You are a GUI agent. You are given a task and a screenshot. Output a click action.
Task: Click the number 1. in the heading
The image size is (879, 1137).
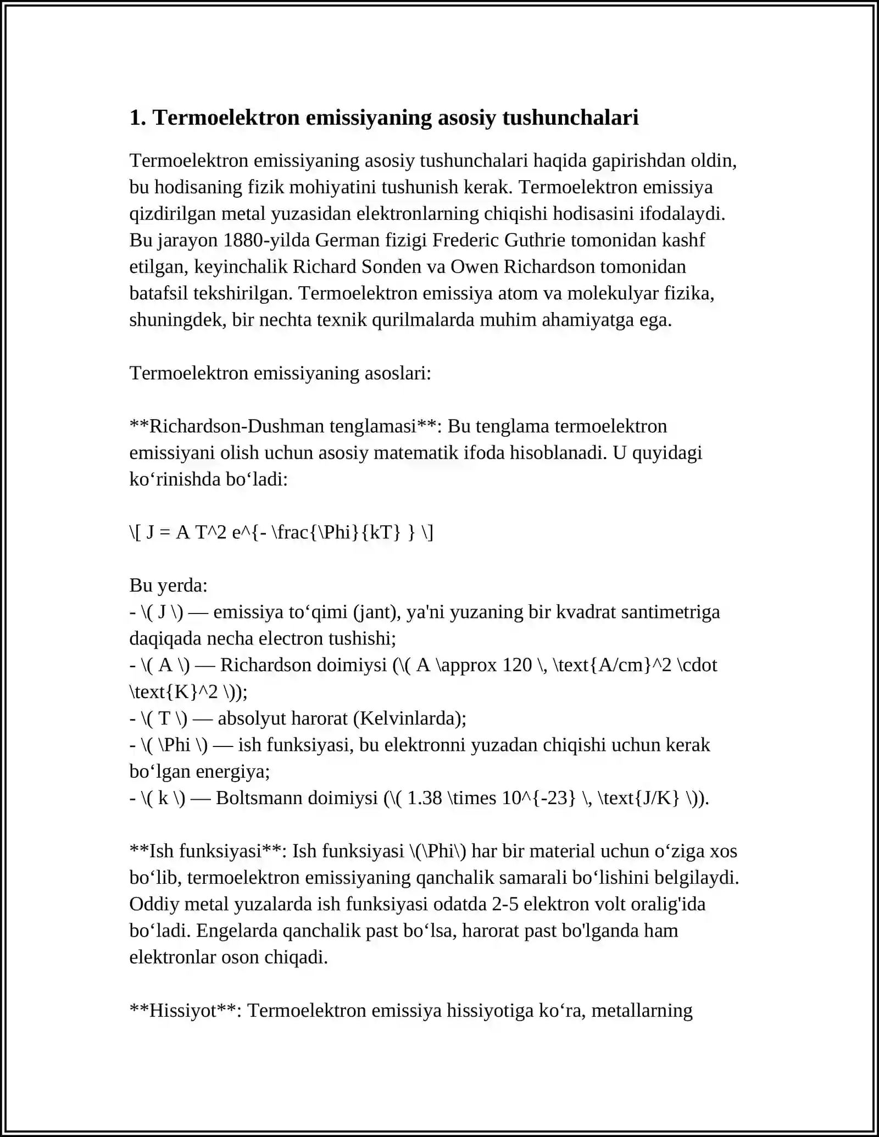(x=137, y=118)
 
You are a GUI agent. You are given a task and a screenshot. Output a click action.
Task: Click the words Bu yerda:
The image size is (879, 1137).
(x=168, y=586)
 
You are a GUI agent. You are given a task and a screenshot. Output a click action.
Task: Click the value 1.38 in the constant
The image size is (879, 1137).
(x=425, y=798)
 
